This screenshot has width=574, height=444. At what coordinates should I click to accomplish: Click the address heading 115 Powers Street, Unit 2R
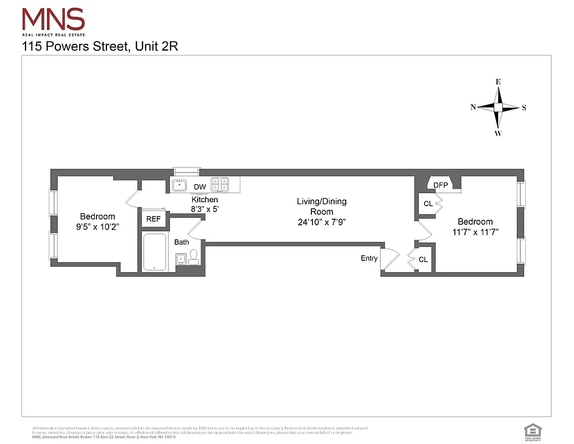tap(100, 47)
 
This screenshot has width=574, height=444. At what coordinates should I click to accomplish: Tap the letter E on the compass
tap(498, 82)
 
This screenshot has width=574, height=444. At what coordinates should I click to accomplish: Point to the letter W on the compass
tap(498, 133)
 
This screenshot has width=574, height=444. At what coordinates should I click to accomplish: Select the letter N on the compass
tap(473, 108)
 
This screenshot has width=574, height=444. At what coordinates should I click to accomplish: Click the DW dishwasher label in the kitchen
tap(199, 187)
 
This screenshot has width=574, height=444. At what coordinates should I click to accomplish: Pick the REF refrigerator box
tap(153, 219)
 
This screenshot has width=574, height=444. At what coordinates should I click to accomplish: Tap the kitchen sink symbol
tap(180, 184)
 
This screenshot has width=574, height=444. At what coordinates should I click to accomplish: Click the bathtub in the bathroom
tap(155, 253)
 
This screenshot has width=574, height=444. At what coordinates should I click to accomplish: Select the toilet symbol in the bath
tap(193, 256)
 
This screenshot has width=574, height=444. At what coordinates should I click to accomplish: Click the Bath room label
tap(182, 243)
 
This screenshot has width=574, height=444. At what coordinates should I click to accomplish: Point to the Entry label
tap(369, 258)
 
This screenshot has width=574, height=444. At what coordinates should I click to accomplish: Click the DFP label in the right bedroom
tap(440, 185)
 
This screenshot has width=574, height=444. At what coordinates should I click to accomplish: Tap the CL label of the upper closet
tap(428, 204)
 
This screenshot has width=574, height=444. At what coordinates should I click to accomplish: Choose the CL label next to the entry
tap(423, 260)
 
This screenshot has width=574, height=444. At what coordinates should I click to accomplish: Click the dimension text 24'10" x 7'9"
tap(322, 222)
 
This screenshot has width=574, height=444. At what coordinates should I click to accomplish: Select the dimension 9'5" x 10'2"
tap(98, 226)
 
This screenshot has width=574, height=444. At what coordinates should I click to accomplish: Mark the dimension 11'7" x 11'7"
tap(475, 232)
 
